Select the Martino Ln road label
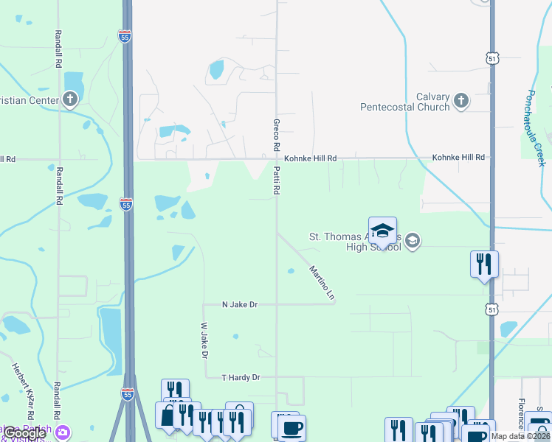322,282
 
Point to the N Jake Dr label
240,304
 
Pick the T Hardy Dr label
241,377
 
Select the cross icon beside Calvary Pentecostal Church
461,100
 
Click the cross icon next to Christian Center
70,99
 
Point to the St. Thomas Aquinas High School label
354,242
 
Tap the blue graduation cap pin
382,231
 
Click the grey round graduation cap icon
413,241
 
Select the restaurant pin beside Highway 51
484,264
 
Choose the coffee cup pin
291,429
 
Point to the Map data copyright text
520,436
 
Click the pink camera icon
63,431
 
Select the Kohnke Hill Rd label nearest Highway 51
458,158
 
